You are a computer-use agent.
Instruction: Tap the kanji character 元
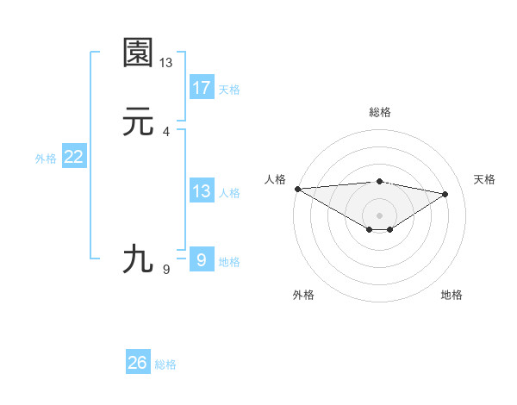(138, 123)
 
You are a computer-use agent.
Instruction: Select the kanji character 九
(138, 259)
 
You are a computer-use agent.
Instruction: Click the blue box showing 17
(202, 87)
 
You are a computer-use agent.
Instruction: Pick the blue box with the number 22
(74, 157)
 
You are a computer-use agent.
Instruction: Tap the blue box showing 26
(138, 363)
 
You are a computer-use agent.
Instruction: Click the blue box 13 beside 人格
(202, 191)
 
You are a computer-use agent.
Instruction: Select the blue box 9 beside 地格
(202, 259)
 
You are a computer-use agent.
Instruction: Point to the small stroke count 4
(166, 132)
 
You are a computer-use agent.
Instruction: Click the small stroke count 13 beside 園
(166, 62)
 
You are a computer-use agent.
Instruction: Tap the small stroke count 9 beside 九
(166, 270)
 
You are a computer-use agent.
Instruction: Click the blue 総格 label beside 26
(165, 364)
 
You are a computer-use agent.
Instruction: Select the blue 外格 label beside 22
(46, 159)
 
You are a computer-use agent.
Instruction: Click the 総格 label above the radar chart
(380, 112)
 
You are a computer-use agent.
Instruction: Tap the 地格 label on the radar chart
(452, 295)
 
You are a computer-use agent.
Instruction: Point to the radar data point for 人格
(297, 188)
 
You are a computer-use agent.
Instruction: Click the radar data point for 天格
(445, 194)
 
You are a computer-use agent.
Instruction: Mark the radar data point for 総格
(380, 182)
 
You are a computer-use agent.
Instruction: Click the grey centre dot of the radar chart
(380, 215)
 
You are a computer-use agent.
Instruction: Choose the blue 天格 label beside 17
(229, 89)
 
